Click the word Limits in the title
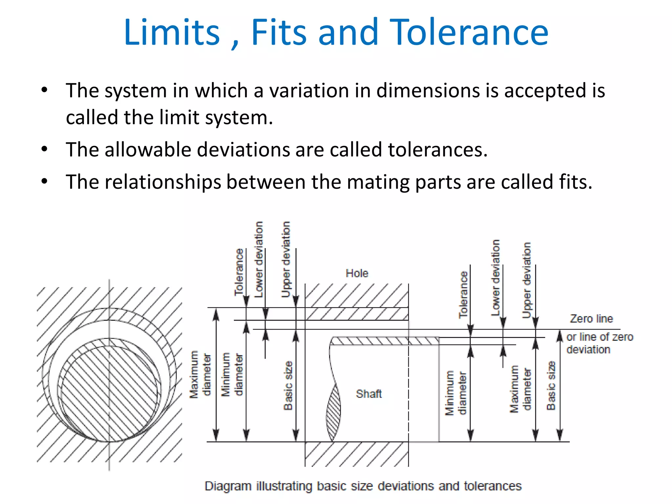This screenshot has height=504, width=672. point(172,32)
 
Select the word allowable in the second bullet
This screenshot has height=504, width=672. point(148,150)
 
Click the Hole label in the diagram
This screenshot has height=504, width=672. point(357,273)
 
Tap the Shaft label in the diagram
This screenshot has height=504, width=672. point(369,393)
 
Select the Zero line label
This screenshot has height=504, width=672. point(591,318)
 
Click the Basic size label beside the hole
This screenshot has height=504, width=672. point(288,386)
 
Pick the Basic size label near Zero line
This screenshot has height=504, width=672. point(551,386)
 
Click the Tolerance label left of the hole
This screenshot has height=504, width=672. point(239,272)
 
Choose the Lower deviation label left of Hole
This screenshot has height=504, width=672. point(259,259)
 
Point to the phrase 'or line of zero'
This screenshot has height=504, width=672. point(599,337)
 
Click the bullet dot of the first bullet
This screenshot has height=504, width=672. point(45,90)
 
